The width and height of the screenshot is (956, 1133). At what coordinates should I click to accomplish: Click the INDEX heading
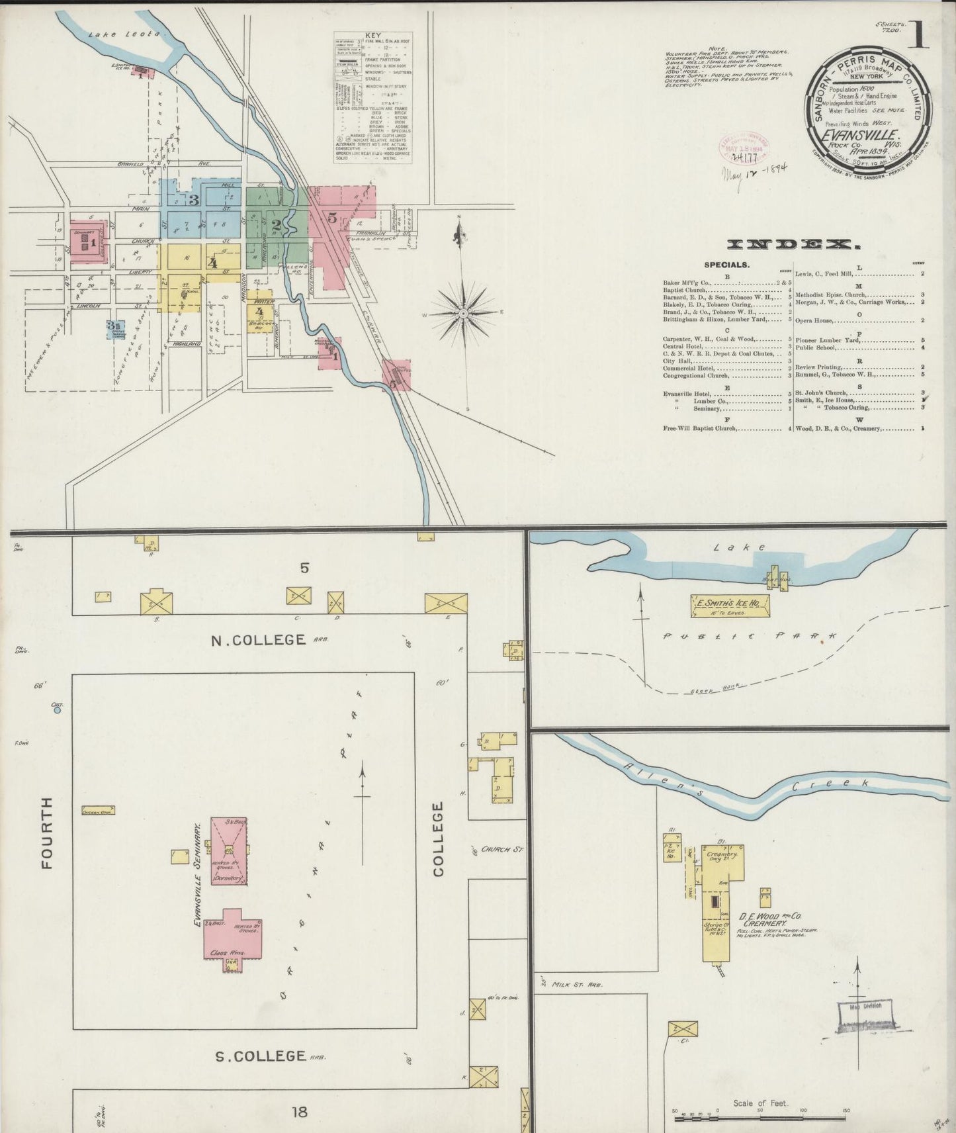tap(793, 246)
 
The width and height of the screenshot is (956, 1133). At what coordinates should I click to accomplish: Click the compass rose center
tap(464, 312)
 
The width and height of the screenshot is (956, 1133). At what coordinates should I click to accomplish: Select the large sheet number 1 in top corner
tap(918, 36)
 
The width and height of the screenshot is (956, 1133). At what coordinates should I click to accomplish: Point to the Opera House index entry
tap(814, 320)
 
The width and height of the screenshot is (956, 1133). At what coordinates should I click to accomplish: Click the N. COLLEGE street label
tap(258, 640)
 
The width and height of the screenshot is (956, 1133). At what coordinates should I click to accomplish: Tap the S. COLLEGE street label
tap(260, 1056)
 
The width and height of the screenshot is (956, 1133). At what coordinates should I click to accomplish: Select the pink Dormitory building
tap(229, 851)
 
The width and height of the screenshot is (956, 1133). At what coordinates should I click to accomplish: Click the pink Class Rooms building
tap(232, 940)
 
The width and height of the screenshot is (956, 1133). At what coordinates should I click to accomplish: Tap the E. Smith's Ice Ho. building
tap(730, 604)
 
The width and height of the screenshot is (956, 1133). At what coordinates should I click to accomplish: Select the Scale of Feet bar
tap(760, 1118)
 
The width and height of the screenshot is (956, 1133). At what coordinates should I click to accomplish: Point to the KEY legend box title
tap(373, 35)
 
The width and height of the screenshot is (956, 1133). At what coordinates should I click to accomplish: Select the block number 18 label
tap(300, 1111)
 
